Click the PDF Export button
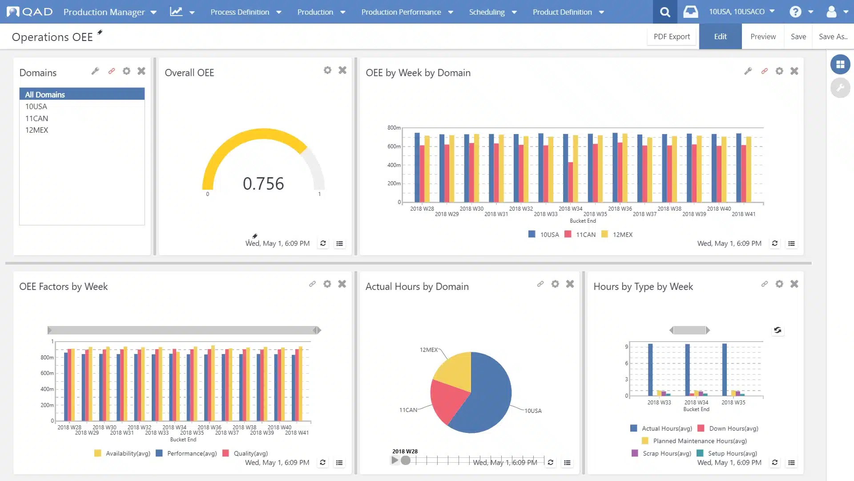[x=672, y=37]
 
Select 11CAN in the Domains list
[x=36, y=118]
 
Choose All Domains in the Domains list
[x=45, y=94]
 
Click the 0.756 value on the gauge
[x=263, y=183]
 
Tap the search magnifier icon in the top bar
[x=665, y=12]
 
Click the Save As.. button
[x=833, y=37]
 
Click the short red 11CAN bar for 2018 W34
[x=571, y=182]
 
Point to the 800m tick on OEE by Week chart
[x=394, y=128]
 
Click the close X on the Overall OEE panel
[x=342, y=70]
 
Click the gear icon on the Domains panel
[x=126, y=71]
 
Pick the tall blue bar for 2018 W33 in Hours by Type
[x=650, y=369]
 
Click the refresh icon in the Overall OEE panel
[x=323, y=244]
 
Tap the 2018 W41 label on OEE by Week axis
[x=743, y=214]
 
